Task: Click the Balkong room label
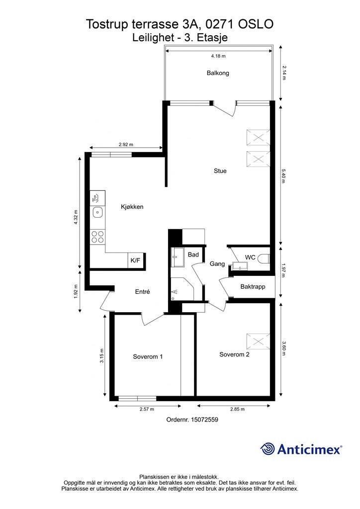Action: coord(218,73)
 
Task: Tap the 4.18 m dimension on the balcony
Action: coord(218,56)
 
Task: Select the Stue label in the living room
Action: coord(220,171)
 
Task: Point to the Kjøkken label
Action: coord(132,207)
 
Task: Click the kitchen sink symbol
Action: coord(98,213)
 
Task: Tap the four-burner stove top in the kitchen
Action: coord(98,237)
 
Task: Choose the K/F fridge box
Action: coord(136,260)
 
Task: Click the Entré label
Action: coord(143,292)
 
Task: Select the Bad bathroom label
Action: coord(193,255)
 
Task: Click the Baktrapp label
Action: coord(253,287)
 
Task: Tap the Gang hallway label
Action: coord(217,264)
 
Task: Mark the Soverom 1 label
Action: coord(148,357)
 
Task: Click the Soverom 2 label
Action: coord(234,354)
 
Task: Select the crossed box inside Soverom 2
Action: coord(258,341)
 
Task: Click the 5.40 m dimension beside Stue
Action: coord(283,176)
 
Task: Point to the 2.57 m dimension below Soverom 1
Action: coord(147,410)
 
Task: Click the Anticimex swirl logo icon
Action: coord(267,449)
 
